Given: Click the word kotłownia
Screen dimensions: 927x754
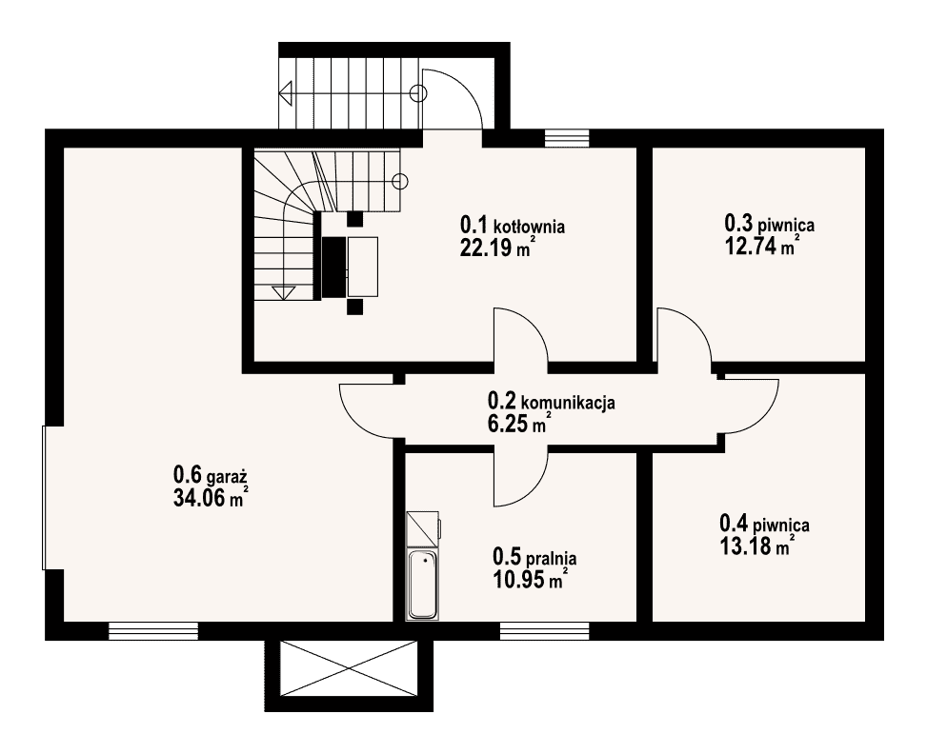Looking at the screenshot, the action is tap(529, 227).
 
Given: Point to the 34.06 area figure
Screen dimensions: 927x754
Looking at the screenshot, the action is tap(199, 498).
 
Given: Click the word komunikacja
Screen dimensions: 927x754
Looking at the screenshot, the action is tap(568, 403).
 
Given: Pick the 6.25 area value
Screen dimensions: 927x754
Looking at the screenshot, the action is tap(508, 424).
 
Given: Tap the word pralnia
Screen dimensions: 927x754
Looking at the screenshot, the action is tap(551, 558).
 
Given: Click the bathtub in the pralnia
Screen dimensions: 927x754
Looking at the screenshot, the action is tap(422, 585).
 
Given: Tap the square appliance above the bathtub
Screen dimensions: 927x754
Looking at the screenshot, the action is tap(423, 527).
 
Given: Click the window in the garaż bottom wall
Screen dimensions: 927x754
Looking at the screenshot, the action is tap(153, 631).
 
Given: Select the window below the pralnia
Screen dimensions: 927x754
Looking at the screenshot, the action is tap(545, 631).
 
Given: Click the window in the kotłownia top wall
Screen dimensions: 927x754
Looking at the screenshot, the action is tap(567, 138).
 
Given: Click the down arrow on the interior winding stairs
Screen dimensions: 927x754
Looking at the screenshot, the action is tap(284, 292).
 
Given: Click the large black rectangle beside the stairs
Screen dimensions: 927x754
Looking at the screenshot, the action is tap(333, 267).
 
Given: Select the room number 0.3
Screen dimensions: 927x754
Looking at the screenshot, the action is tap(738, 224).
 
